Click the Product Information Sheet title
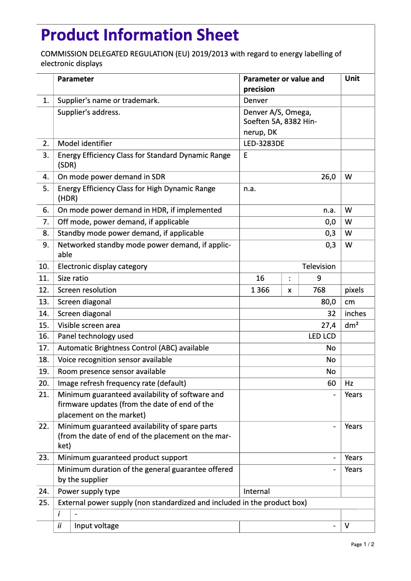click(140, 35)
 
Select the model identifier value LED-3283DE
click(263, 143)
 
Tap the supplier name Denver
click(256, 100)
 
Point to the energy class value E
click(246, 155)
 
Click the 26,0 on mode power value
click(328, 177)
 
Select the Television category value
click(319, 266)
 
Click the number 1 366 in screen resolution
click(260, 290)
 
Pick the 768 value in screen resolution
click(319, 290)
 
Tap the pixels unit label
click(355, 290)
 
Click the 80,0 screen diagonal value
click(328, 302)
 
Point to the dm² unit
click(352, 325)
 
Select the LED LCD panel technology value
click(322, 336)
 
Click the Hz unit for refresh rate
click(350, 383)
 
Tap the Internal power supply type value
click(257, 491)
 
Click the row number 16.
click(44, 336)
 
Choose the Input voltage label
click(96, 526)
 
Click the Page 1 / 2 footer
click(362, 544)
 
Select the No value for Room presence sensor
click(331, 371)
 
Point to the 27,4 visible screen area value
click(328, 325)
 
